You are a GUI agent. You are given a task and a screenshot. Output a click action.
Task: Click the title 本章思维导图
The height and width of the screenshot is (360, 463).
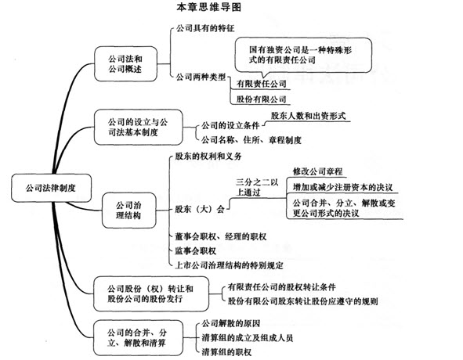208,7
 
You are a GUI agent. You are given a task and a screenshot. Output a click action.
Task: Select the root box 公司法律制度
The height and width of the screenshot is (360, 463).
51,188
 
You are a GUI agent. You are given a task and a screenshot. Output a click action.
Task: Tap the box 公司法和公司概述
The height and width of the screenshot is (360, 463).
125,63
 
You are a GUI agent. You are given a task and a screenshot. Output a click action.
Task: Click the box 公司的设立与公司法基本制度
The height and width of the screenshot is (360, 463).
138,128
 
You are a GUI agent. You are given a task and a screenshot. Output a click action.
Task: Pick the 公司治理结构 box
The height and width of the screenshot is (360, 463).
128,211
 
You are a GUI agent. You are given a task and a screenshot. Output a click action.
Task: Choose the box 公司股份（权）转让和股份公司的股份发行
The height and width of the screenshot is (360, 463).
151,293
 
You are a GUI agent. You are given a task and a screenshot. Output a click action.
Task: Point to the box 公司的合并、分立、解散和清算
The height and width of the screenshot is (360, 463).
138,338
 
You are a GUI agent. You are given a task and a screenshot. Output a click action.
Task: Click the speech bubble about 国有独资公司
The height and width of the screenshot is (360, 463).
303,56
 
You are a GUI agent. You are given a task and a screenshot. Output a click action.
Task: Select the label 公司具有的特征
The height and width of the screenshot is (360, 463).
205,28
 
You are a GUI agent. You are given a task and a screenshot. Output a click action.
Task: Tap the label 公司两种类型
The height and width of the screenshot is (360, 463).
201,77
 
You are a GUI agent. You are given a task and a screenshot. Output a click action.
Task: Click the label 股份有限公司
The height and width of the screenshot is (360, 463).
262,99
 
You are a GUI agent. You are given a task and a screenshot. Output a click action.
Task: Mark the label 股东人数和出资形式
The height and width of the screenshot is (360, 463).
308,116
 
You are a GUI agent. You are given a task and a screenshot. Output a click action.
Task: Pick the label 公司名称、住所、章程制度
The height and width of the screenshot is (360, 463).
251,139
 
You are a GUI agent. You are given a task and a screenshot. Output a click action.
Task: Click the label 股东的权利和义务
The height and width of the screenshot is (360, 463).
208,156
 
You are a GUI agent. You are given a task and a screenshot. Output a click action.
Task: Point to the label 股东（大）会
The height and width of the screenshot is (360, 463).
200,209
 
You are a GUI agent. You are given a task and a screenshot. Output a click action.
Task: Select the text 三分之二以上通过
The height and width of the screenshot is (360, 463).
257,187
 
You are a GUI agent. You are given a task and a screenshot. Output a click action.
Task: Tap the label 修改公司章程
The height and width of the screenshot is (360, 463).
317,171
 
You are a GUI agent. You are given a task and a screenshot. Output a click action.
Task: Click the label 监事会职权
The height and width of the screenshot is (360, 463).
196,251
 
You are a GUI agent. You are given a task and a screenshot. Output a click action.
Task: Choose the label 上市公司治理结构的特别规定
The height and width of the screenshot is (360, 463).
229,265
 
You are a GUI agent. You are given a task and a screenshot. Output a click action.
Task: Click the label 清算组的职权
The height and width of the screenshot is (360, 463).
226,352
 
